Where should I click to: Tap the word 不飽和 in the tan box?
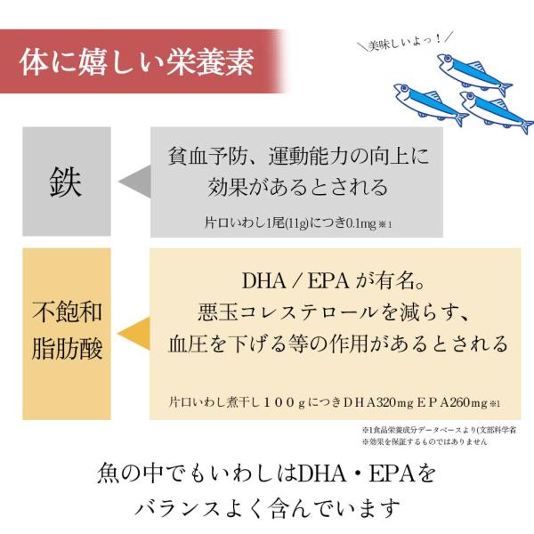pos(67,312)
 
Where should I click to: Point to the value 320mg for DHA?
pos(391,400)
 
